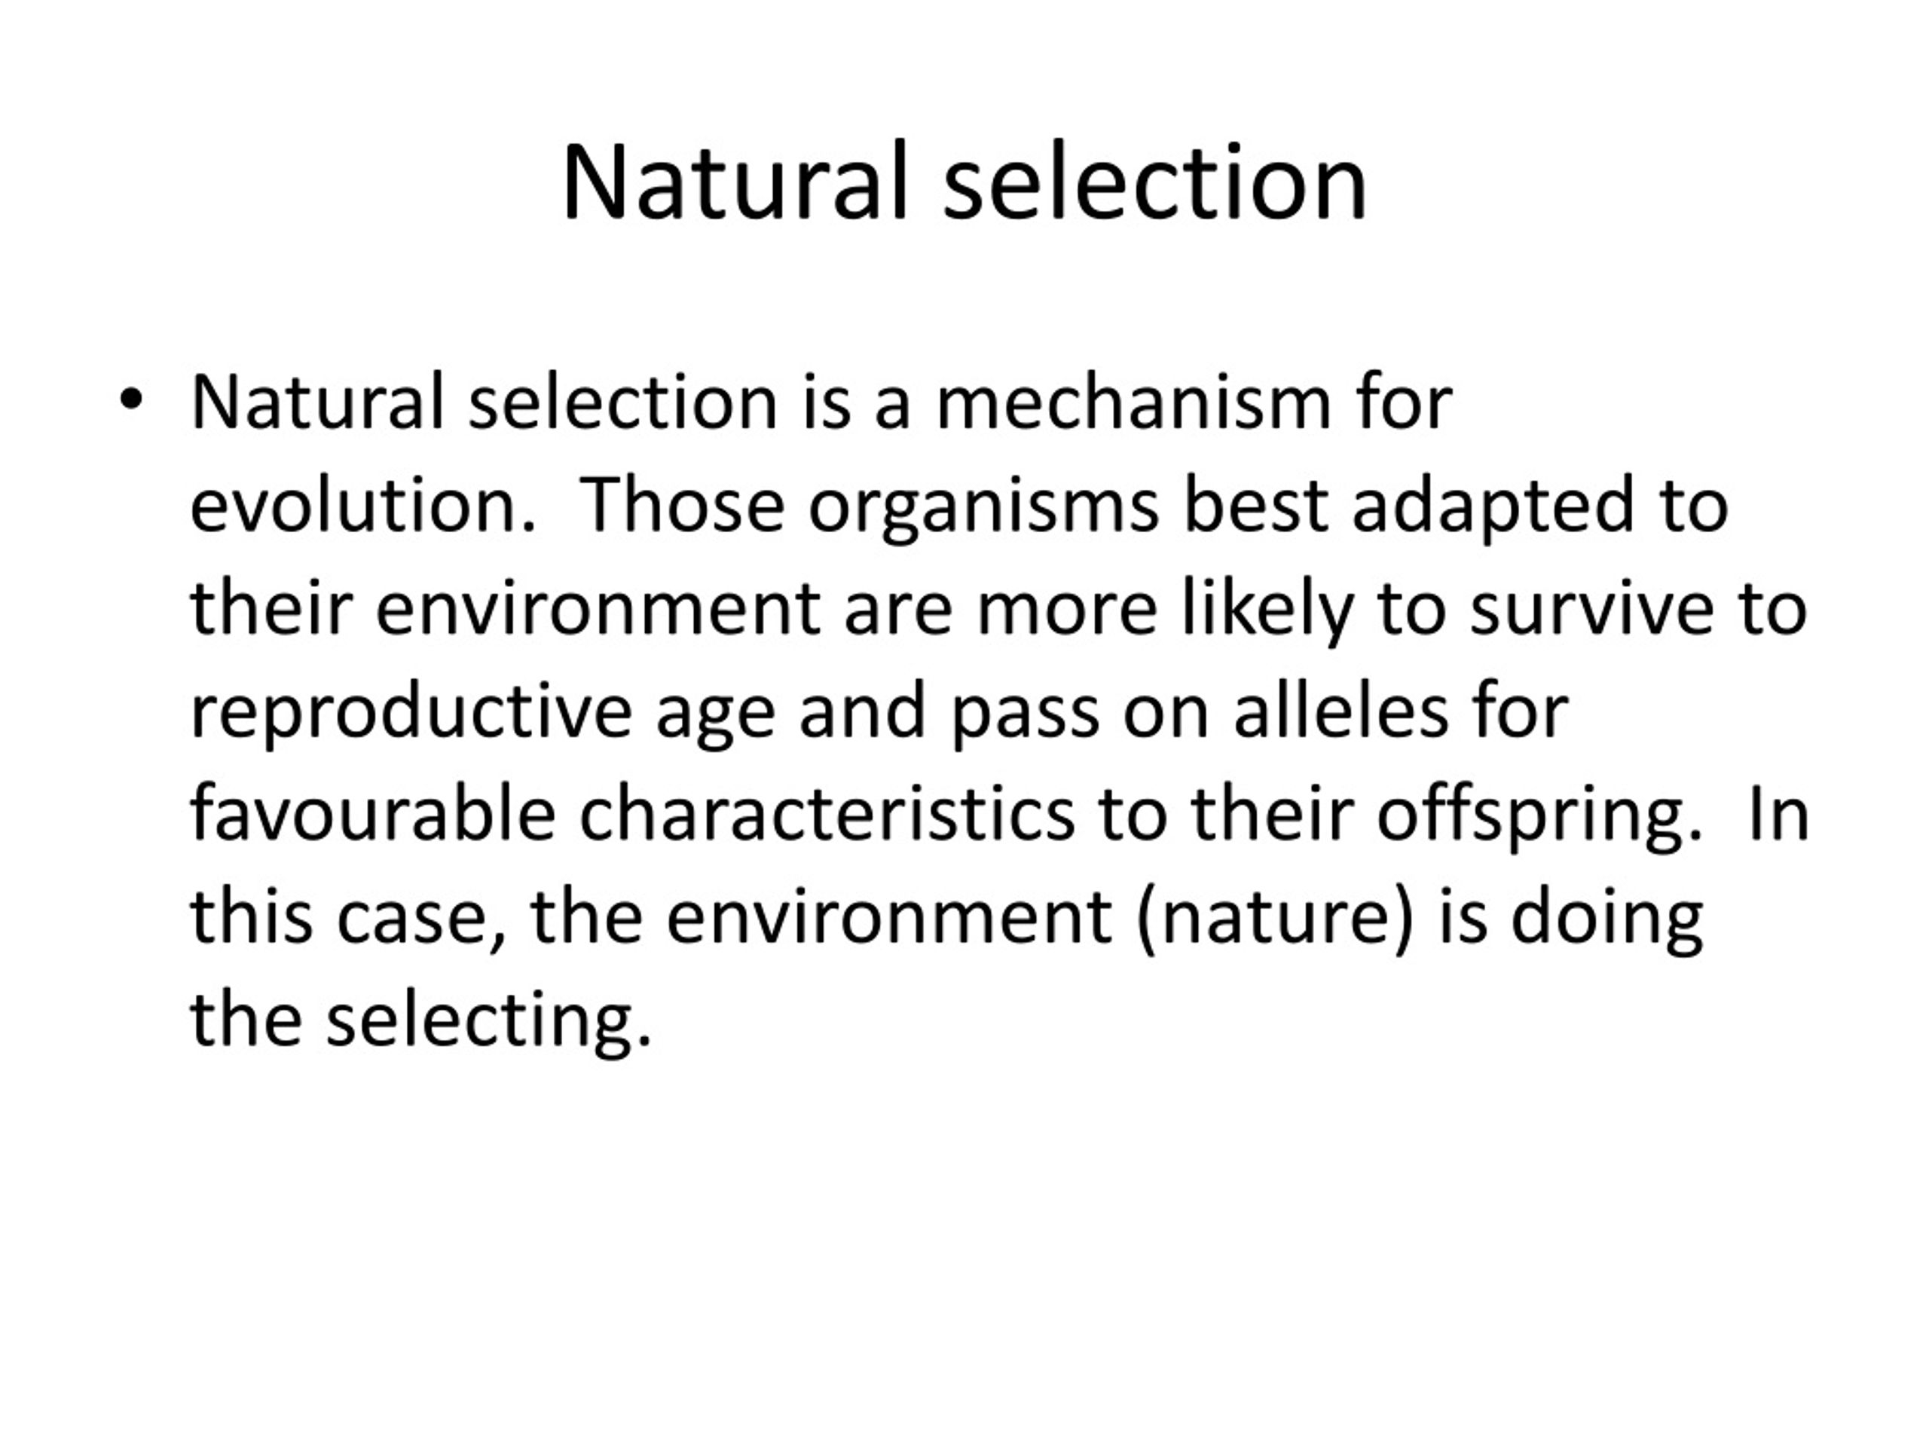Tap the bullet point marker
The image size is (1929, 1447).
click(131, 400)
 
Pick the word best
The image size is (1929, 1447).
click(1256, 506)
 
